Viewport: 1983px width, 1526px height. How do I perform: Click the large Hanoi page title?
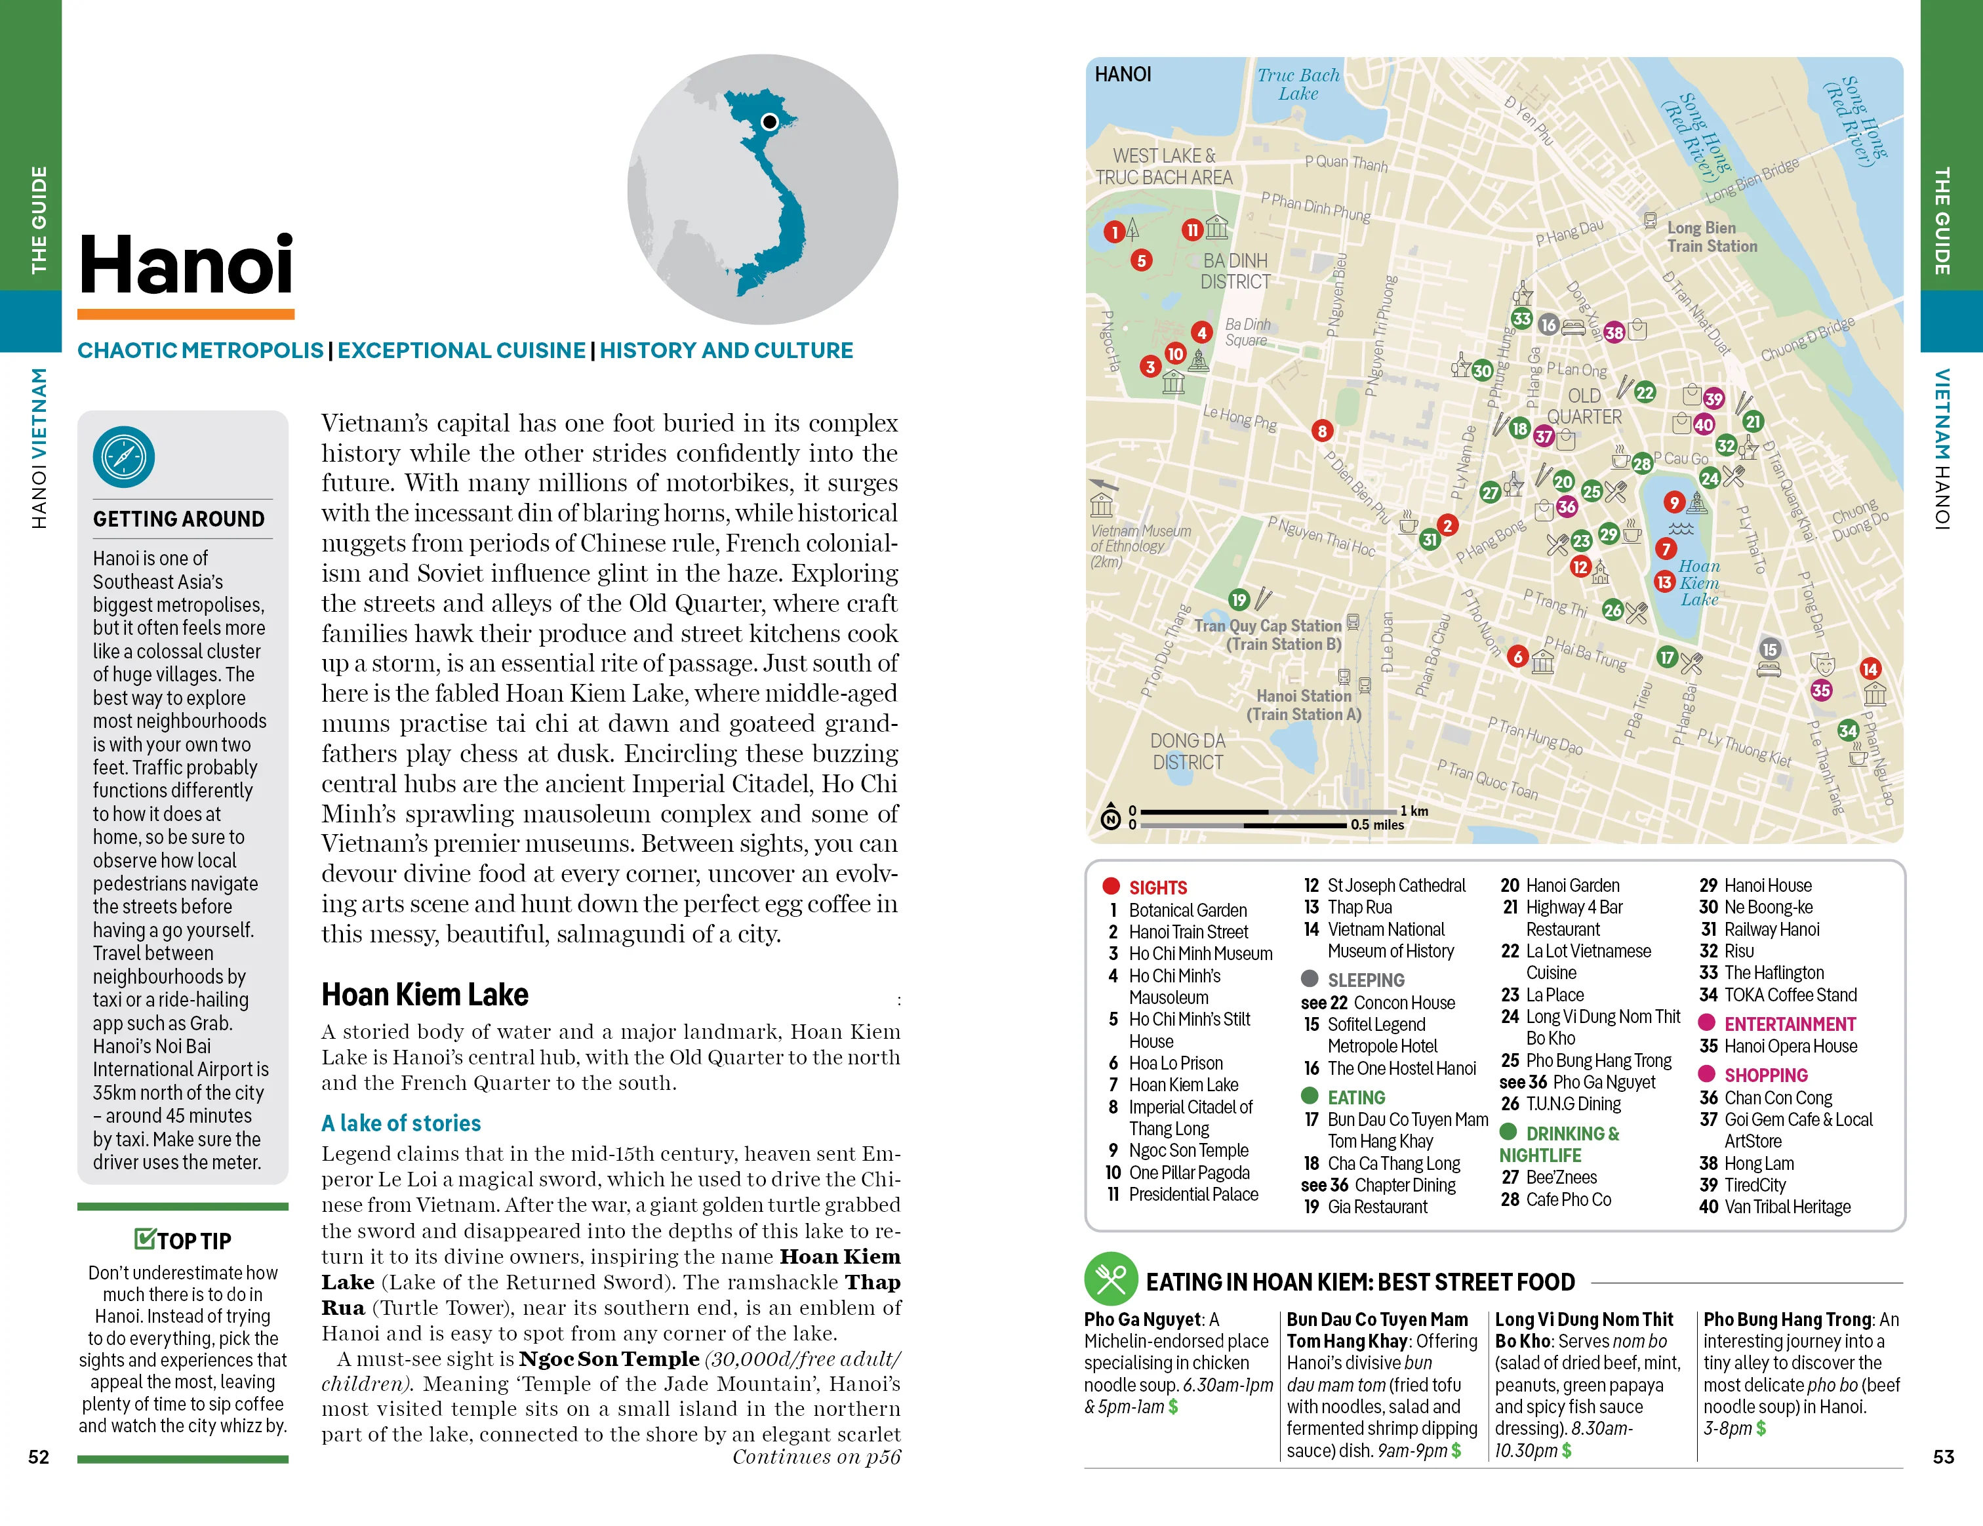click(186, 264)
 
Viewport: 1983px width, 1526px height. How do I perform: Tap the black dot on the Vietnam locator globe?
click(770, 121)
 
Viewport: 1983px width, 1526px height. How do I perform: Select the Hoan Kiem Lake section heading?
click(425, 995)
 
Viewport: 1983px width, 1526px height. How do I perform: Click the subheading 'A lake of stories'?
click(401, 1123)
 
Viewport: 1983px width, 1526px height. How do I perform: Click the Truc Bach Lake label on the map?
click(1298, 85)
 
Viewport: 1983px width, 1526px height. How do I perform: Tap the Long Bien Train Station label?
click(1711, 237)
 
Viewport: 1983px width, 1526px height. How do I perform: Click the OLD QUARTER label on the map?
click(1584, 406)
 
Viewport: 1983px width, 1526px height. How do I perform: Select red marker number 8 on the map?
click(1322, 432)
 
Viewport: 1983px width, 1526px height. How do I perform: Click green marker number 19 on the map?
click(1239, 599)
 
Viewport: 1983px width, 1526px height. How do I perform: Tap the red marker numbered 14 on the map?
click(1870, 669)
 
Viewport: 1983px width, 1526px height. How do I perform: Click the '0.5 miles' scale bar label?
click(1376, 825)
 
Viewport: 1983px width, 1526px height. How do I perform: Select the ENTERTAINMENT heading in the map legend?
click(1790, 1024)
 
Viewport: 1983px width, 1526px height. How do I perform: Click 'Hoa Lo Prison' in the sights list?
click(1175, 1063)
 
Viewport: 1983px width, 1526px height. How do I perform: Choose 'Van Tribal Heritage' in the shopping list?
click(1787, 1207)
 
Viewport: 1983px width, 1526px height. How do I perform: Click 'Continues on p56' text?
click(816, 1457)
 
